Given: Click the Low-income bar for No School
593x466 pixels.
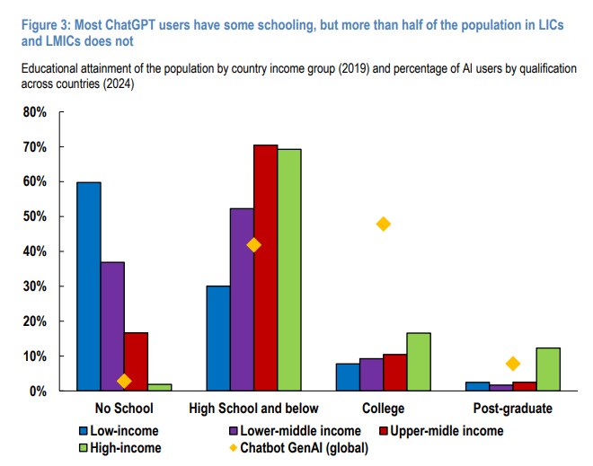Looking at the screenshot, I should pyautogui.click(x=89, y=286).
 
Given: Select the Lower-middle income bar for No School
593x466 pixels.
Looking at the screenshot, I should pyautogui.click(x=112, y=326).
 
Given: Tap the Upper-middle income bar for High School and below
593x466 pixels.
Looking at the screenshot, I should pyautogui.click(x=265, y=268).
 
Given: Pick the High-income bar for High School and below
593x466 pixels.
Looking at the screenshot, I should pyautogui.click(x=289, y=269).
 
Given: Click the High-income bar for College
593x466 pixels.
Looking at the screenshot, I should pyautogui.click(x=419, y=362).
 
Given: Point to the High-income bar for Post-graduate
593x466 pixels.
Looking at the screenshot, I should pyautogui.click(x=548, y=369).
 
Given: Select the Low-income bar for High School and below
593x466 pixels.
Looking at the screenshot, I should pyautogui.click(x=218, y=339).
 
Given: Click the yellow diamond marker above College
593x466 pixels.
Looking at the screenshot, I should pyautogui.click(x=384, y=224).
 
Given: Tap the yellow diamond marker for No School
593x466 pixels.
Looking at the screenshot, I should pyautogui.click(x=124, y=381).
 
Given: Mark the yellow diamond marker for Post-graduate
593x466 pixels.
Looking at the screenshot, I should pyautogui.click(x=513, y=364).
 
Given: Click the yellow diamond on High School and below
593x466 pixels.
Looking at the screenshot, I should pyautogui.click(x=254, y=245).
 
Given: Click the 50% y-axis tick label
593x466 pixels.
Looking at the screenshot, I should pyautogui.click(x=34, y=216).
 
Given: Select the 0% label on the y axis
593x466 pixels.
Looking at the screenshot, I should pyautogui.click(x=38, y=391).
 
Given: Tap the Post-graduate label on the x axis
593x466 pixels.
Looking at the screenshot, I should pyautogui.click(x=513, y=409).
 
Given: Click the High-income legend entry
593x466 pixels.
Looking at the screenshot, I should pyautogui.click(x=126, y=448).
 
